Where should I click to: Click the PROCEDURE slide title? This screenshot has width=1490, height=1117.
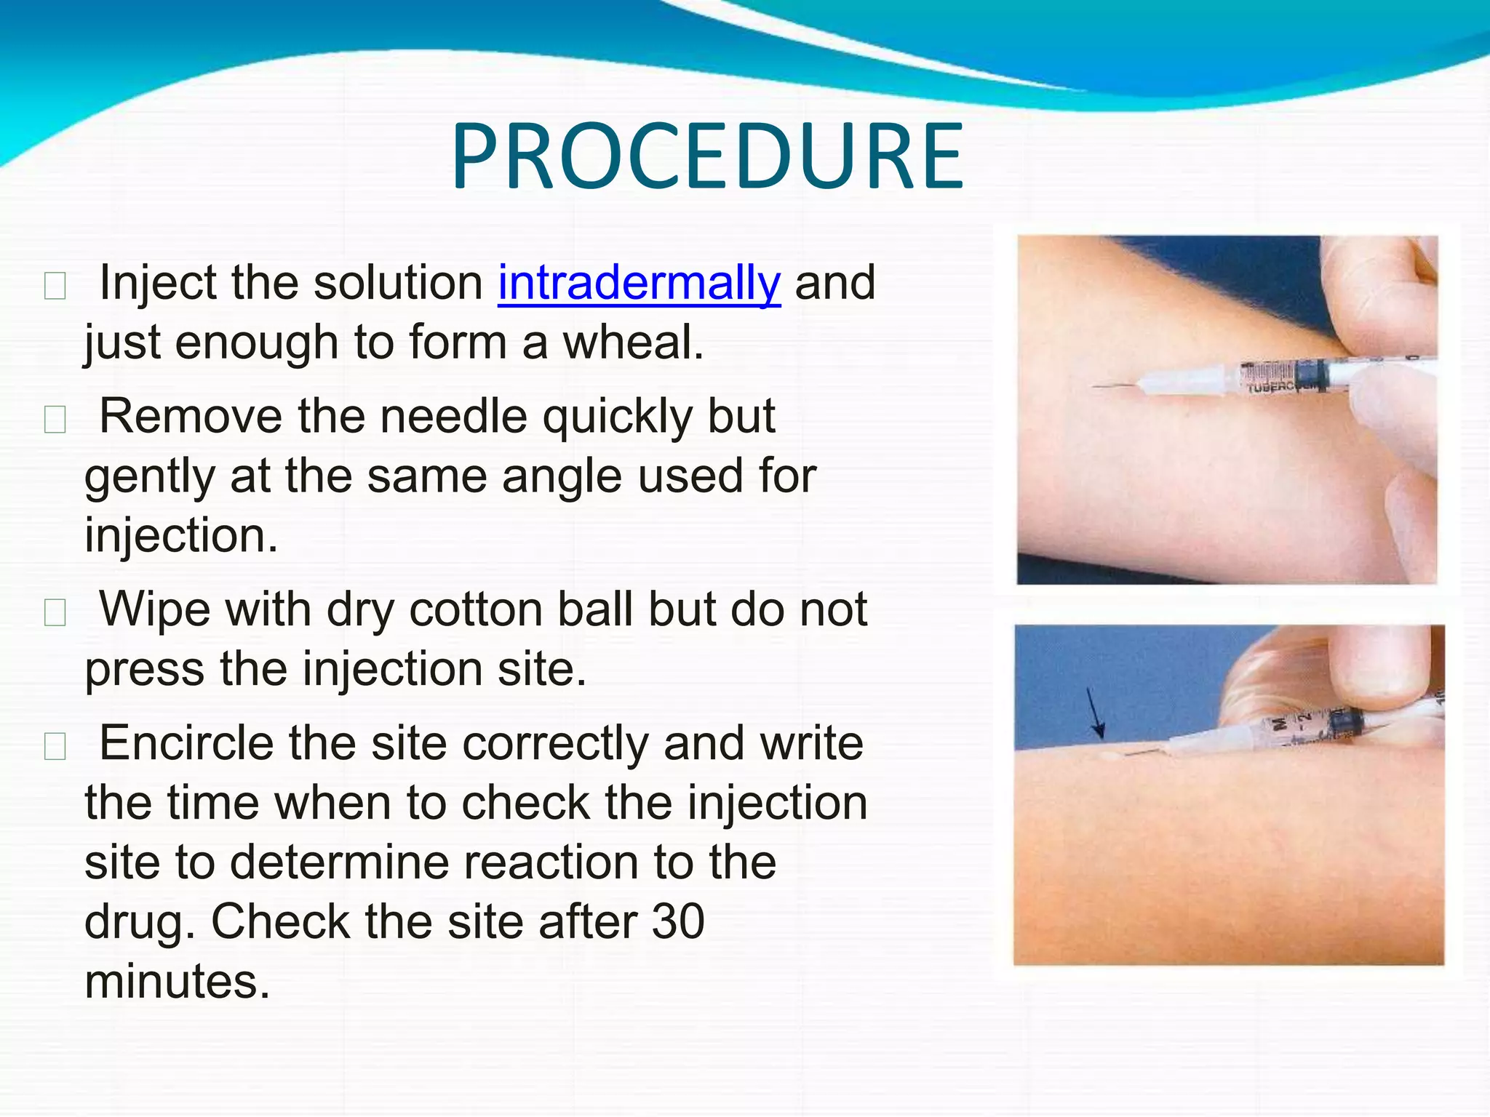pyautogui.click(x=707, y=157)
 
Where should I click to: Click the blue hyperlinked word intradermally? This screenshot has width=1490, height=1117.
pyautogui.click(x=639, y=282)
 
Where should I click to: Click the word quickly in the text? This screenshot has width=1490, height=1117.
pyautogui.click(x=610, y=417)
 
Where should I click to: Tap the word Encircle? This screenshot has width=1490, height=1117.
pyautogui.click(x=186, y=742)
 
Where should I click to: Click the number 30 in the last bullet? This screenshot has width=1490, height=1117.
pyautogui.click(x=677, y=921)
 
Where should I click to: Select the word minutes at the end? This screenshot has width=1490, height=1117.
pyautogui.click(x=177, y=981)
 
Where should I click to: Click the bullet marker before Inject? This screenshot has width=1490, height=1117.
pyautogui.click(x=55, y=285)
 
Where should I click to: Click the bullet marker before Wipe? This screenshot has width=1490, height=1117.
pyautogui.click(x=55, y=612)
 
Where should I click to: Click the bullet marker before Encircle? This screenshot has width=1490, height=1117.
pyautogui.click(x=55, y=745)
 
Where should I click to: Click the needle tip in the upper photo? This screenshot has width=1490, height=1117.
pyautogui.click(x=1096, y=387)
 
